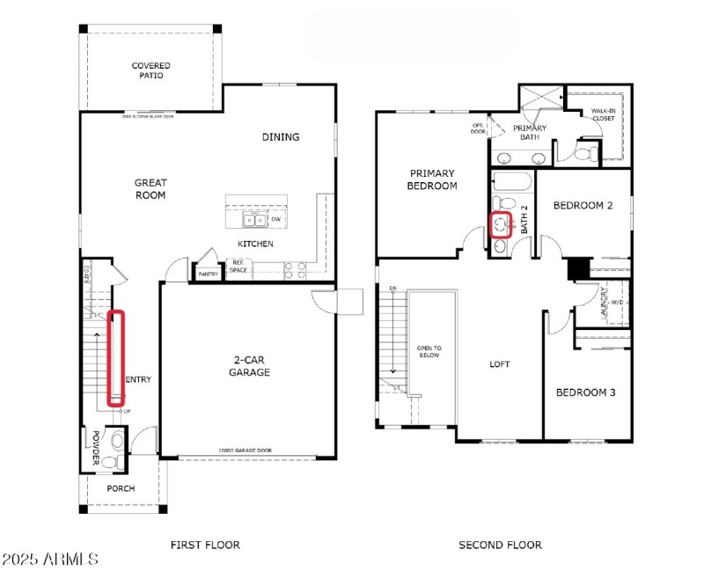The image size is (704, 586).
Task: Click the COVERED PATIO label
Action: (150, 70)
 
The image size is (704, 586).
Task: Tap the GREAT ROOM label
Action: (150, 189)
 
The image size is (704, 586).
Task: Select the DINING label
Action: (281, 136)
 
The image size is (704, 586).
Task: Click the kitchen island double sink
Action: (252, 219)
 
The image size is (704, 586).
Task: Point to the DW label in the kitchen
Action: (276, 219)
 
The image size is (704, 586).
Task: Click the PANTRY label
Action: (208, 275)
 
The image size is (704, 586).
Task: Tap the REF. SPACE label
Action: (238, 267)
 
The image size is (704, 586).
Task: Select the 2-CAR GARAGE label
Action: (251, 366)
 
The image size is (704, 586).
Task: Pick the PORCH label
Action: (121, 488)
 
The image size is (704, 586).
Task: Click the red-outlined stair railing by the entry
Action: (115, 359)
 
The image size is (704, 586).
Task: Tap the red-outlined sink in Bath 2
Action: (502, 224)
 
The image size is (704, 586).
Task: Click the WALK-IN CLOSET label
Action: (603, 114)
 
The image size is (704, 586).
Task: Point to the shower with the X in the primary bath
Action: (539, 97)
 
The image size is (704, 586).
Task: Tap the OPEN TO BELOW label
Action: (429, 353)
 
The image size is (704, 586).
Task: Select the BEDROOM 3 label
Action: (585, 392)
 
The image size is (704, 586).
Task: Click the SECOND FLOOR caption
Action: (500, 545)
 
